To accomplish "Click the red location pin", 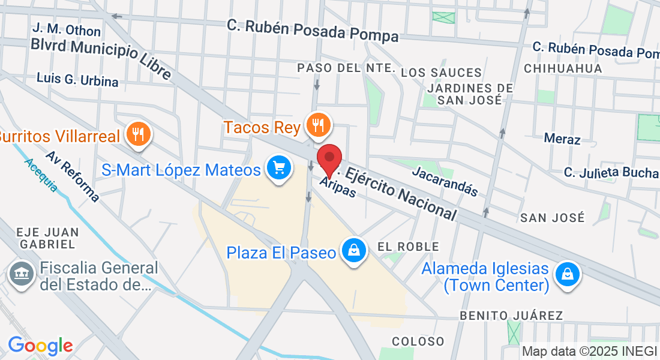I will [x=329, y=158].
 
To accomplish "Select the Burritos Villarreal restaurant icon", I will [x=139, y=134].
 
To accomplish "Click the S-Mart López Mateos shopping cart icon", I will [x=278, y=167].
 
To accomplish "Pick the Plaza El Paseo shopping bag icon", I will [x=355, y=251].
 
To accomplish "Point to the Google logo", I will [x=40, y=346].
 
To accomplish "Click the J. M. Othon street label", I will [x=59, y=29].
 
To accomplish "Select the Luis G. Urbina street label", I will [x=77, y=79].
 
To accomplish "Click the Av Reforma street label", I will [x=72, y=175].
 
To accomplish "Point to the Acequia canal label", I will [x=41, y=175].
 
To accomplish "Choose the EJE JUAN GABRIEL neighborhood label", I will [x=47, y=238].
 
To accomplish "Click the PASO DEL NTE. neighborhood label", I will [x=346, y=68].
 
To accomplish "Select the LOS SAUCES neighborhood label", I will [x=441, y=73].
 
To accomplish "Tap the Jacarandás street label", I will [x=445, y=181].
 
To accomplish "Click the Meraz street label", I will [x=562, y=139].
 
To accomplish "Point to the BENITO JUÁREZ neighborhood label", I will [x=511, y=316].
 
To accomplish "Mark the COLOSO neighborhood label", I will [x=418, y=341].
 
